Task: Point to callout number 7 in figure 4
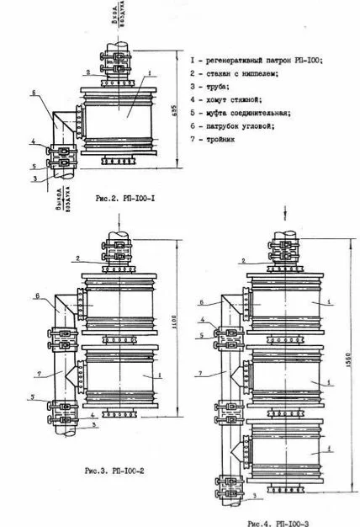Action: [x=200, y=371]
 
